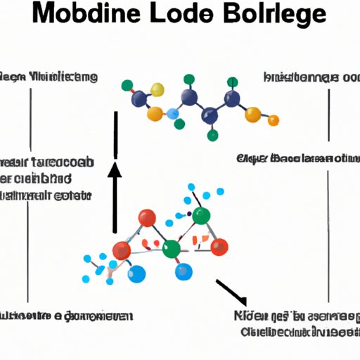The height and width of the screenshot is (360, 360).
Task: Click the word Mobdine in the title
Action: pyautogui.click(x=98, y=16)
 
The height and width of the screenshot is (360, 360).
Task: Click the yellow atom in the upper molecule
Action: pyautogui.click(x=157, y=90)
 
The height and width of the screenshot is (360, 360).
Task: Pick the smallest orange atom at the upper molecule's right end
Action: pyautogui.click(x=274, y=122)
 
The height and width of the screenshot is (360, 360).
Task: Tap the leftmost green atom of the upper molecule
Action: pyautogui.click(x=127, y=86)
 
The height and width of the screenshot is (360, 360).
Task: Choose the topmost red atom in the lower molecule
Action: pyautogui.click(x=147, y=219)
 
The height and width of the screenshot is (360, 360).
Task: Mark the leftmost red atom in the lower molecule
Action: pyautogui.click(x=122, y=250)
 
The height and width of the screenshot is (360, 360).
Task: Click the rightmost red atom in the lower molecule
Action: pyautogui.click(x=219, y=245)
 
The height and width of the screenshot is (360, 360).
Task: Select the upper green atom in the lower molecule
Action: pyautogui.click(x=202, y=216)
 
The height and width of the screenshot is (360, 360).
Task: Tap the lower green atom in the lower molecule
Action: pyautogui.click(x=171, y=249)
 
